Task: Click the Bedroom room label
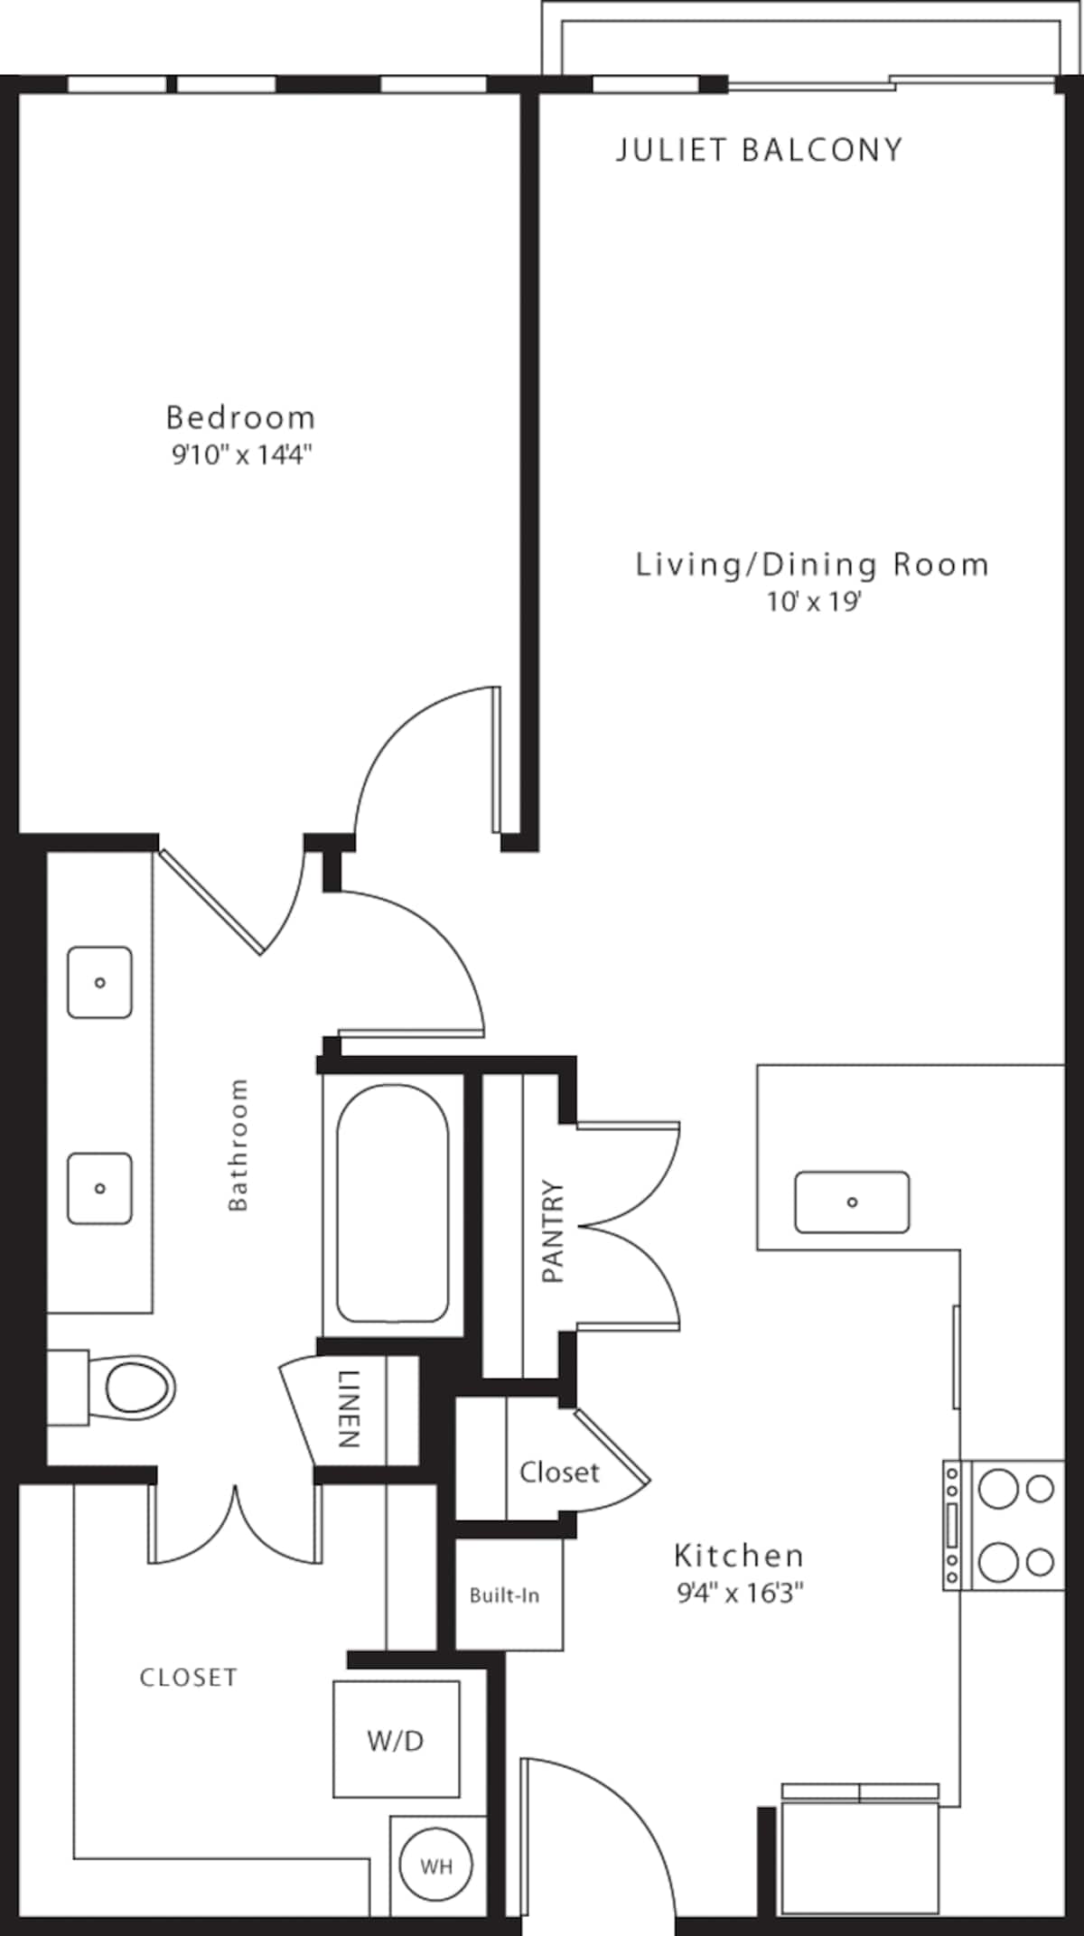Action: click(x=240, y=417)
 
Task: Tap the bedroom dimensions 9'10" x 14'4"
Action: click(x=241, y=454)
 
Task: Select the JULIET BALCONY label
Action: click(x=759, y=150)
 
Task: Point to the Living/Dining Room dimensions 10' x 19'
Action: click(x=814, y=602)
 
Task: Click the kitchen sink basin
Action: click(x=852, y=1202)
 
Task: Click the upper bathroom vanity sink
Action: click(x=100, y=982)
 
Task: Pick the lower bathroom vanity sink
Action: click(x=100, y=1188)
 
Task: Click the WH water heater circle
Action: click(x=435, y=1866)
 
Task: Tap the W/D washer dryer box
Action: click(x=396, y=1740)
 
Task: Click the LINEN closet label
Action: click(x=350, y=1408)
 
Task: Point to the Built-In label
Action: click(x=504, y=1596)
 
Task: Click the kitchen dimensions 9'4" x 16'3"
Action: click(x=740, y=1593)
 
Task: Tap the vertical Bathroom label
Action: click(x=238, y=1145)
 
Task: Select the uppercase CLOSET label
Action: click(x=188, y=1678)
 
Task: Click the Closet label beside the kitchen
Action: click(x=559, y=1473)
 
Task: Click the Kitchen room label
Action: click(x=739, y=1556)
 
